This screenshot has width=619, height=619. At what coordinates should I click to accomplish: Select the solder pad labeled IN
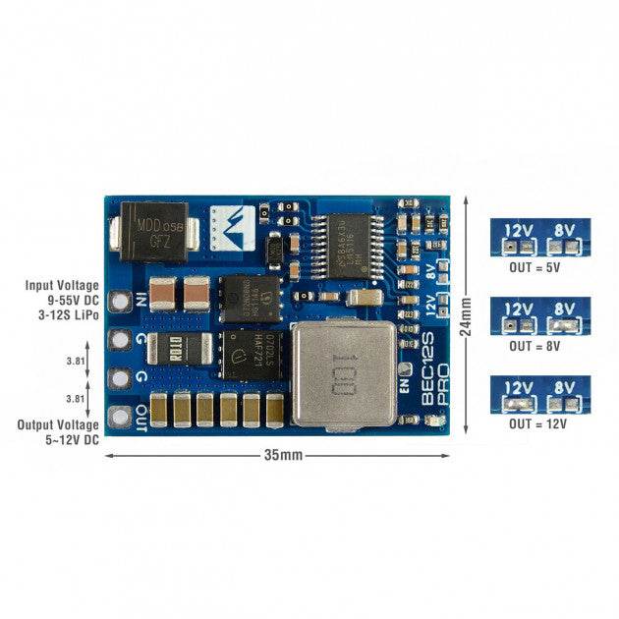coord(121,303)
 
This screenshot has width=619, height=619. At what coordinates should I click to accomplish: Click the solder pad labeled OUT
coord(121,413)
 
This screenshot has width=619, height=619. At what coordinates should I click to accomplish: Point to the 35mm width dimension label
coord(277,456)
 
